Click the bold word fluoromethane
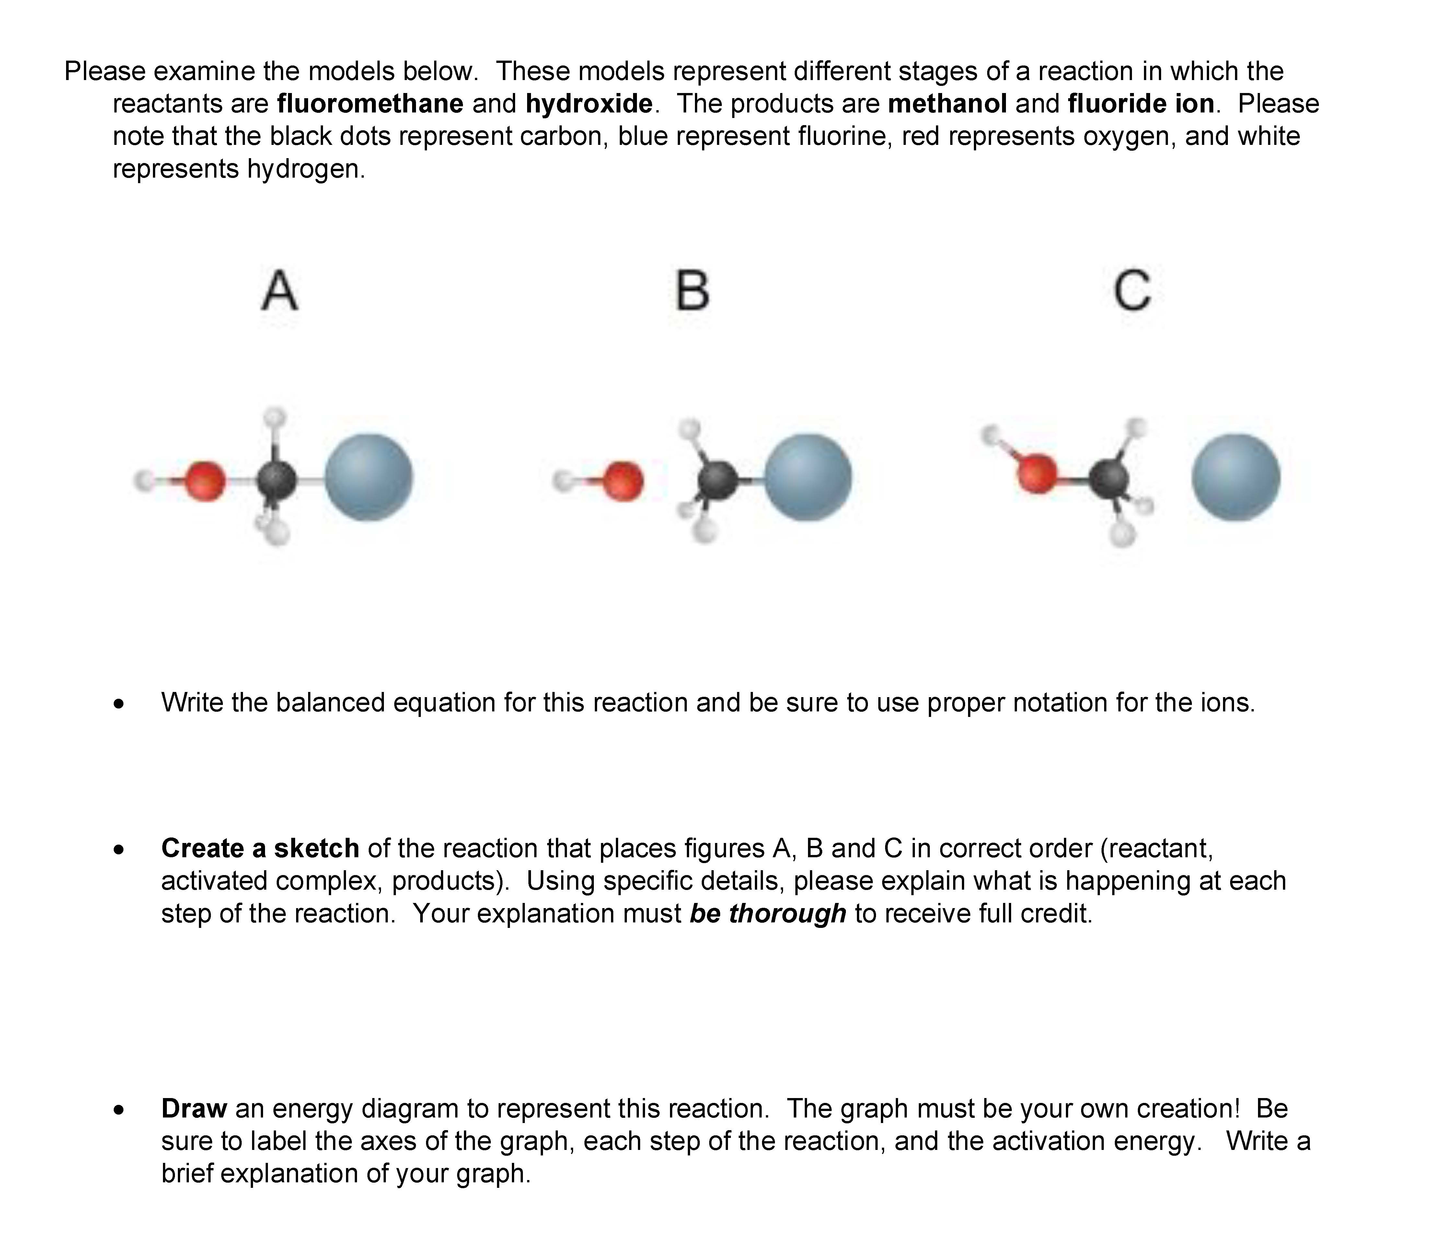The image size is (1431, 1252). tap(370, 103)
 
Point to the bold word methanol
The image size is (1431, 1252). tap(947, 103)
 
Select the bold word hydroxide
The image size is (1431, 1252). tap(589, 103)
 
